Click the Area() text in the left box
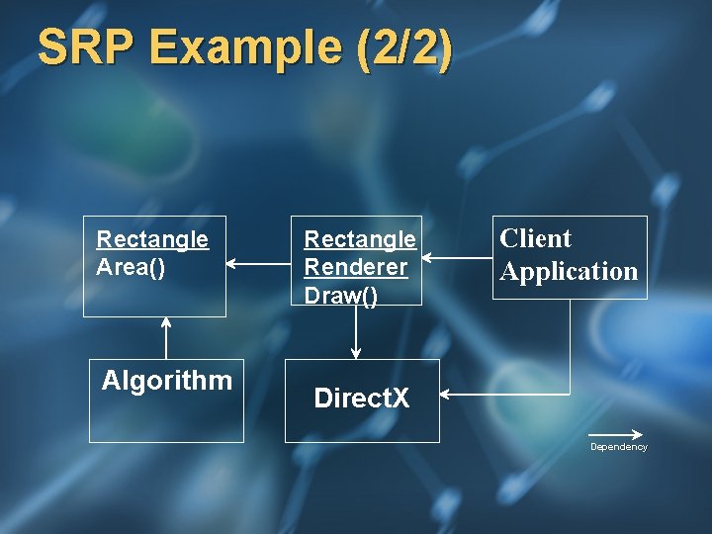point(131,267)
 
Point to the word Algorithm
point(167,381)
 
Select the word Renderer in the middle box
point(355,267)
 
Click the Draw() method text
point(340,295)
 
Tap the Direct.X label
point(361,399)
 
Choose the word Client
point(535,238)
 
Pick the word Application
point(569,271)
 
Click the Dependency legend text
point(618,447)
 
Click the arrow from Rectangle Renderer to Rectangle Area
point(258,264)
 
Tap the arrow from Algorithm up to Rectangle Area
point(166,337)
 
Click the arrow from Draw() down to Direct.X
point(356,332)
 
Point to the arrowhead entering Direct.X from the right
point(445,395)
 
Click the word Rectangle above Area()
point(152,239)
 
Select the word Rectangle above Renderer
point(360,239)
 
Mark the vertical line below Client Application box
point(570,346)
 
